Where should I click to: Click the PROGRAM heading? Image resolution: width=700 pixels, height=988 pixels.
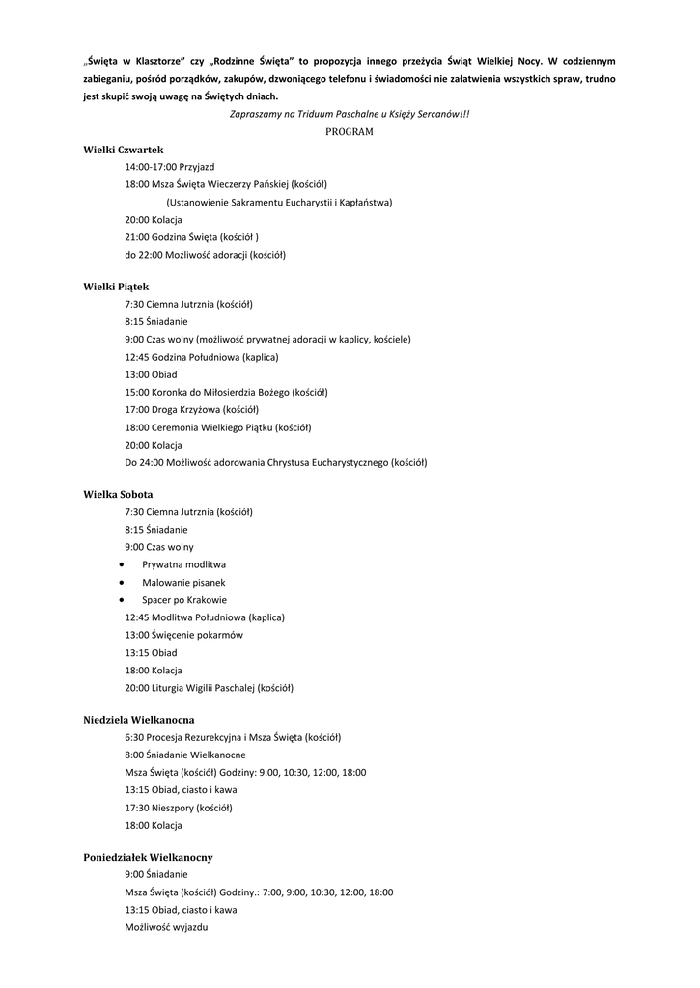(350, 131)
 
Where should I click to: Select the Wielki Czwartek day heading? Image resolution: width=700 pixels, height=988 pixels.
(124, 150)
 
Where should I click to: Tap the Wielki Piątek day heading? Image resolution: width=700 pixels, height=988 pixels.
(116, 287)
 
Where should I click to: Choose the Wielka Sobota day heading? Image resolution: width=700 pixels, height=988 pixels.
(118, 494)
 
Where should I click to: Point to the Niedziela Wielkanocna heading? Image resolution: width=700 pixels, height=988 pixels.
(139, 720)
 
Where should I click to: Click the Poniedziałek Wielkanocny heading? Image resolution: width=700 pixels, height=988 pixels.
(148, 857)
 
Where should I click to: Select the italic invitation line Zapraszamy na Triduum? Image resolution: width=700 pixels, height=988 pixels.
(350, 114)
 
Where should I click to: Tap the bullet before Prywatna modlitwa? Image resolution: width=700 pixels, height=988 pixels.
(121, 563)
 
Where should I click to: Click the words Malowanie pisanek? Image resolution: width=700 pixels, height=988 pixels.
(183, 582)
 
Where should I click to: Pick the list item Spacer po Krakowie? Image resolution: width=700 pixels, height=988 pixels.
(184, 599)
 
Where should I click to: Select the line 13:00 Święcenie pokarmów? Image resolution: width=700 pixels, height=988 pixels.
(183, 635)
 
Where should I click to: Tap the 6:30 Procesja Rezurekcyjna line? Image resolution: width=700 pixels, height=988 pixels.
(232, 737)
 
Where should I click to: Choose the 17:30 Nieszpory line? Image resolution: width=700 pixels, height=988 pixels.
(178, 808)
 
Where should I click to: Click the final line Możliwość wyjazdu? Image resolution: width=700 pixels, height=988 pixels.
(166, 927)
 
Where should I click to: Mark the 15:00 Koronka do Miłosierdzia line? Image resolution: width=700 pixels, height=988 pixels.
(226, 392)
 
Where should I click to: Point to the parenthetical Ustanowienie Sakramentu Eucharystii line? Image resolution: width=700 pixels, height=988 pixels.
(279, 203)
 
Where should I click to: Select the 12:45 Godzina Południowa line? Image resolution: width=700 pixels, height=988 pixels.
(201, 357)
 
